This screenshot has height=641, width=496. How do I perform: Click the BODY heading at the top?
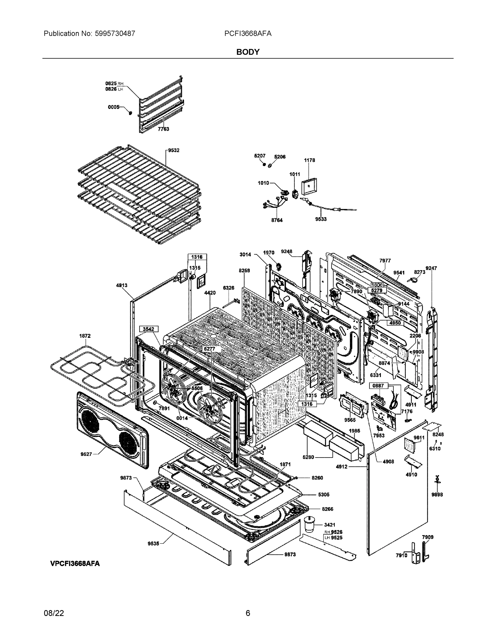click(x=248, y=52)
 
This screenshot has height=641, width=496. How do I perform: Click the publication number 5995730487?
click(x=115, y=33)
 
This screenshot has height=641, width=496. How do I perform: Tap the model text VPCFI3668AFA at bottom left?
click(x=75, y=564)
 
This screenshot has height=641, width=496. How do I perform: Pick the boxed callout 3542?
click(x=148, y=329)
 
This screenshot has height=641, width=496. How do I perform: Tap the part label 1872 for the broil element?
click(x=85, y=336)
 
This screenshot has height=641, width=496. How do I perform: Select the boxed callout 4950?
click(x=395, y=323)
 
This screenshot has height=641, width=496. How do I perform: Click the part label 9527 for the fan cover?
click(x=86, y=454)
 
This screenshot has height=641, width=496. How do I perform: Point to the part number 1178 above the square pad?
click(x=309, y=160)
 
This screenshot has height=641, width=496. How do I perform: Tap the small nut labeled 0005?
click(x=130, y=112)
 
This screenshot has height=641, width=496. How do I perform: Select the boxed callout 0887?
click(x=378, y=386)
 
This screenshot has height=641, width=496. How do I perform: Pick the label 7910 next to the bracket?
click(x=401, y=555)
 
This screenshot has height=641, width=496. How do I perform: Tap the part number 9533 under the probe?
click(x=321, y=219)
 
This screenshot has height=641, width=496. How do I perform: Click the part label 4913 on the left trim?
click(x=122, y=285)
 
